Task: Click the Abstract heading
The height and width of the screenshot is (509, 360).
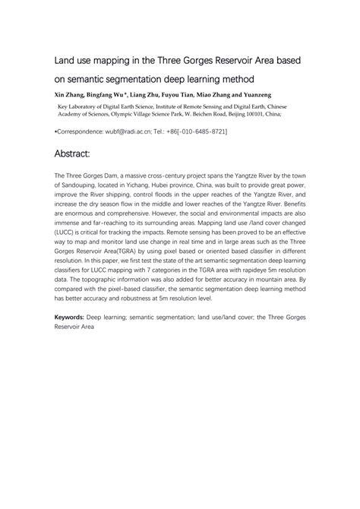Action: point(77,154)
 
